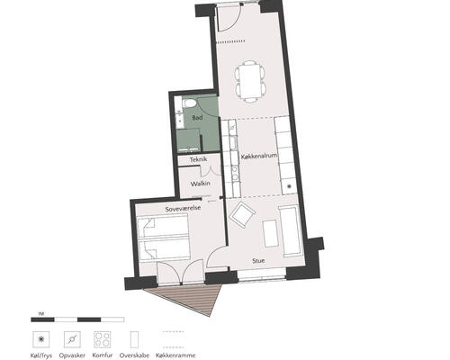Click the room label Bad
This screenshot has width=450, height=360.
coord(197,118)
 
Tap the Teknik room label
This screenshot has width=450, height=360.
coord(198,159)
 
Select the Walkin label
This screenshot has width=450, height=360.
coord(200,184)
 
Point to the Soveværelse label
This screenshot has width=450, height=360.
coord(183,209)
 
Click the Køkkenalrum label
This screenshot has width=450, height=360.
coord(259,157)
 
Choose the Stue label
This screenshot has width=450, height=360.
coord(258,261)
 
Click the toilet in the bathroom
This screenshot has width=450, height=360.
coord(189,103)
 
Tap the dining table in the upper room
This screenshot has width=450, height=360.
coord(250,81)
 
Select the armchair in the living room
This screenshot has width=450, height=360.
coord(242,214)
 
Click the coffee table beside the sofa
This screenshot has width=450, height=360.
coord(270,233)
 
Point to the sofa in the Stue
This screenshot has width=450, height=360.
coord(290,231)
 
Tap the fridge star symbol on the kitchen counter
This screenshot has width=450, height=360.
coord(289,186)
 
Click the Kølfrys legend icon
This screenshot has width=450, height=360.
coord(40,339)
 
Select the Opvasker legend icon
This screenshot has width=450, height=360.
coord(72,339)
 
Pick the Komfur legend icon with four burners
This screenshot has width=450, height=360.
coord(103,339)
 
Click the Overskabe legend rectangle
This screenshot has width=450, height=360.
coord(134,339)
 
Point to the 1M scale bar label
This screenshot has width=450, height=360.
coord(41,314)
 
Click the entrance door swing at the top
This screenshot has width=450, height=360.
coord(229,18)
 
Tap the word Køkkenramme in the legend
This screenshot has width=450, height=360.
coord(175,355)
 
